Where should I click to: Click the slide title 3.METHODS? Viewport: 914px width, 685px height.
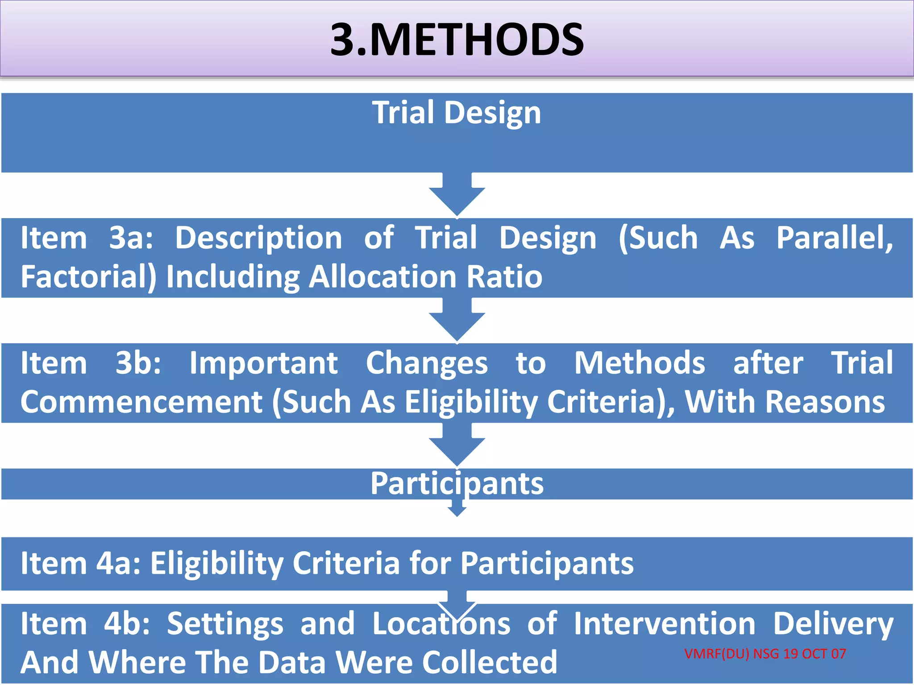(457, 40)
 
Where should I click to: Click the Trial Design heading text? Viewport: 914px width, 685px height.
(457, 113)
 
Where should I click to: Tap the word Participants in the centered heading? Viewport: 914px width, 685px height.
(457, 483)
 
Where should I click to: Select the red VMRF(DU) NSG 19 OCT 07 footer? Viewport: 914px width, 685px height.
(765, 654)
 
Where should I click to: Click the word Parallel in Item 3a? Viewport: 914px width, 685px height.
(834, 238)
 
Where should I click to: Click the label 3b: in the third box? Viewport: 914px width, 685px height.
(138, 363)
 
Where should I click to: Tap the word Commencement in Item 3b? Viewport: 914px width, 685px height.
(141, 402)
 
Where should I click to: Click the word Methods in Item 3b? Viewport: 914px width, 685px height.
(640, 363)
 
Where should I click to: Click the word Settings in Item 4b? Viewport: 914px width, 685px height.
(225, 623)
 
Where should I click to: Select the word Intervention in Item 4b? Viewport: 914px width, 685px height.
(665, 623)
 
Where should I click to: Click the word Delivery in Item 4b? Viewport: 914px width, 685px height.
(833, 623)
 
